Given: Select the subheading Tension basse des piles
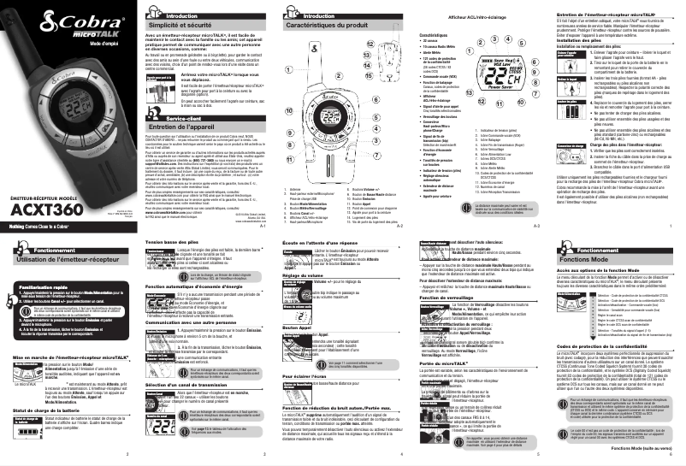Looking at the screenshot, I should tap(161, 242).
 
